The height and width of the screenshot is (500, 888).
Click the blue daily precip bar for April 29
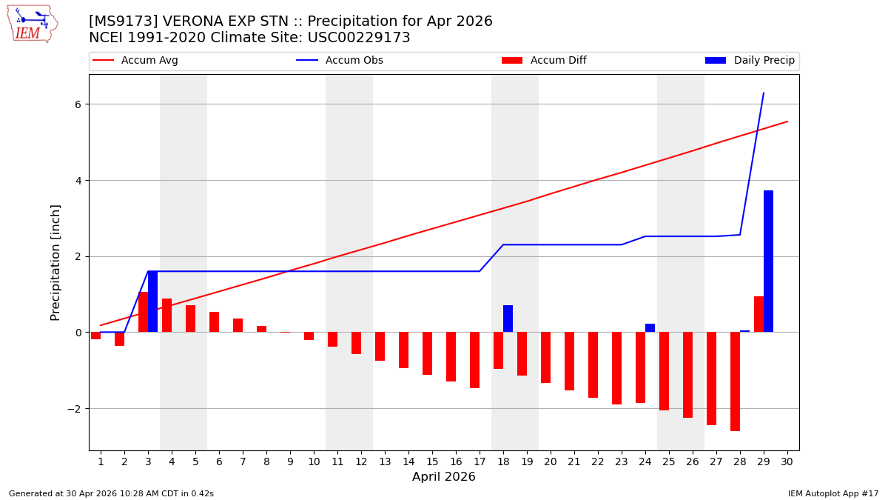pyautogui.click(x=768, y=261)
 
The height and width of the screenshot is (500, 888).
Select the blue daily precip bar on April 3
pyautogui.click(x=152, y=301)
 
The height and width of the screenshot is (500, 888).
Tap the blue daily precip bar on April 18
pyautogui.click(x=508, y=319)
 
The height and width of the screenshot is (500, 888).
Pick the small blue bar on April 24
pyautogui.click(x=650, y=328)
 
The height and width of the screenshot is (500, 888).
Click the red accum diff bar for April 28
pyautogui.click(x=735, y=381)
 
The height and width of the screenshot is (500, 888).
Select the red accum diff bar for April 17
pyautogui.click(x=474, y=360)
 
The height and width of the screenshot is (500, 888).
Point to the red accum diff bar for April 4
pyautogui.click(x=166, y=316)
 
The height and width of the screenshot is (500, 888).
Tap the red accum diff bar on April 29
pyautogui.click(x=758, y=314)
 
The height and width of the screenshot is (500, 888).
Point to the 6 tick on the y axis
pyautogui.click(x=77, y=104)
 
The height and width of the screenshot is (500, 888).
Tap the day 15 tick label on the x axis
pyautogui.click(x=432, y=461)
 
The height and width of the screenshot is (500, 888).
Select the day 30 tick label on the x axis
pyautogui.click(x=787, y=461)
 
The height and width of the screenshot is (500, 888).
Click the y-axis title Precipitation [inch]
pyautogui.click(x=55, y=262)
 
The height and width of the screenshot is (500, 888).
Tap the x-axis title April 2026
pyautogui.click(x=444, y=477)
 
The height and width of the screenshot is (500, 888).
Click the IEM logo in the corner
pyautogui.click(x=32, y=24)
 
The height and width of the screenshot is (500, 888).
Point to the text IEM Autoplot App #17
pyautogui.click(x=832, y=493)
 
